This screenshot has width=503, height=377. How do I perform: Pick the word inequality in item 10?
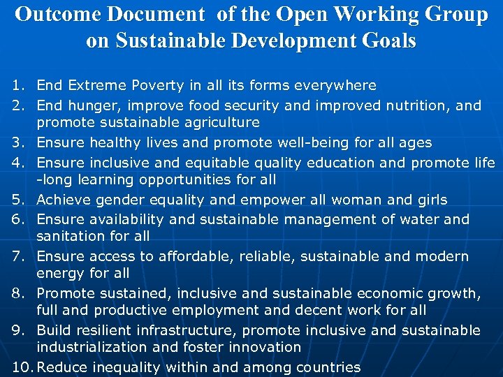[127, 367]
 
